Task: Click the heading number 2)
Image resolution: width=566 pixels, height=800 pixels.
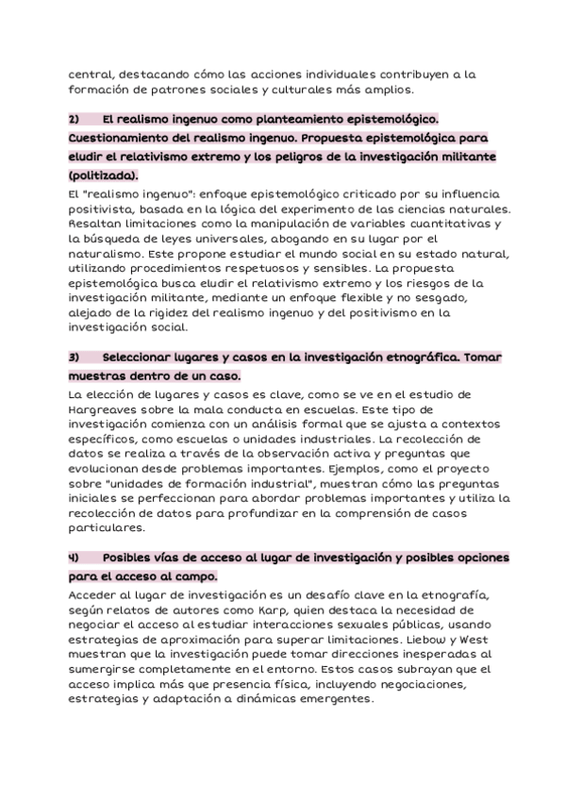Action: tap(75, 120)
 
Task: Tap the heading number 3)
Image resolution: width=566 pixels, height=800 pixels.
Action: tap(75, 358)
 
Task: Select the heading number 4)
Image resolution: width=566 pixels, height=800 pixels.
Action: tap(75, 558)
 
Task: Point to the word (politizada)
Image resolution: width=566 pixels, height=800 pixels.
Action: tap(104, 175)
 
